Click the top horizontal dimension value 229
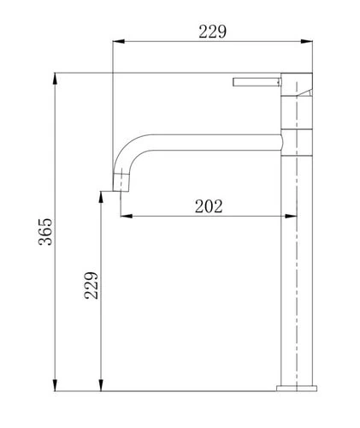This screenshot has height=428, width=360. click(x=212, y=32)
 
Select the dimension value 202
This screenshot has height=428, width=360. click(x=209, y=206)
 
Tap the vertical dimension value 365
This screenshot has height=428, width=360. click(x=45, y=232)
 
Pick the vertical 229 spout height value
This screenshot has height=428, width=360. click(x=91, y=285)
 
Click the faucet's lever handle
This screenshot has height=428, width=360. click(x=257, y=82)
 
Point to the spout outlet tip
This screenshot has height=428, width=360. click(x=121, y=189)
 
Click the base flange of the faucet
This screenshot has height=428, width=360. click(x=297, y=388)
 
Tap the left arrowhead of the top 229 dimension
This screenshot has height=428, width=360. click(x=119, y=42)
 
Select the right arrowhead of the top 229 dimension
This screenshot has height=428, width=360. click(x=307, y=42)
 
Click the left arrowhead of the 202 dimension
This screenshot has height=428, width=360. click(x=127, y=216)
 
